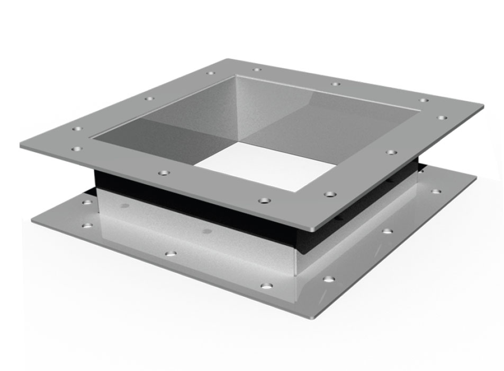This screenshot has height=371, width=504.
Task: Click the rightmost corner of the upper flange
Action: tap(483, 106)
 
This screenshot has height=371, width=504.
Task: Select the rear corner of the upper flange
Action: tap(228, 58)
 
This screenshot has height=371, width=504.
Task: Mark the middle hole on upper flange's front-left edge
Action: tap(164, 173)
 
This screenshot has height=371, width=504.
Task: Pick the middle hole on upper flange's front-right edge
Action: tap(391, 152)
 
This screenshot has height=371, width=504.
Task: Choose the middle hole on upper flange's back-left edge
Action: tap(149, 99)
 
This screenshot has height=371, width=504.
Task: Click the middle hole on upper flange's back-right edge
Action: tap(336, 83)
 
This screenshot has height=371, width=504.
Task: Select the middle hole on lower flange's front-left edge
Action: tap(170, 253)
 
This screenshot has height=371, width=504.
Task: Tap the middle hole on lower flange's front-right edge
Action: tap(388, 231)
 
